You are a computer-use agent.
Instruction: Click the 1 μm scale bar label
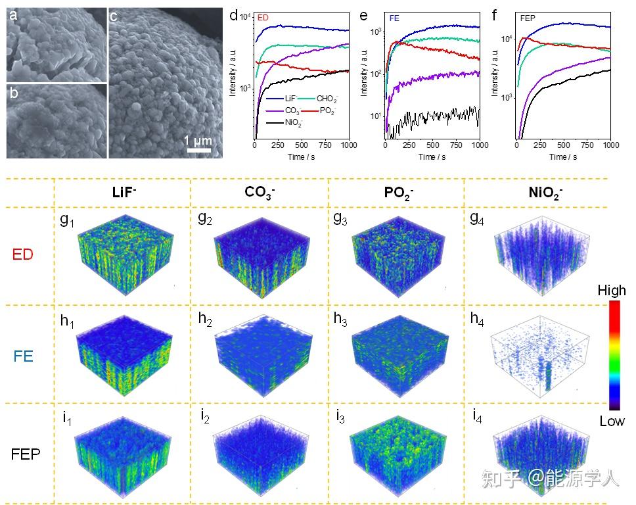pyautogui.click(x=196, y=140)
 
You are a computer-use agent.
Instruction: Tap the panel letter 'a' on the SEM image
pyautogui.click(x=13, y=16)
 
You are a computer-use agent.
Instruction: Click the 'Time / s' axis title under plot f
pyautogui.click(x=562, y=156)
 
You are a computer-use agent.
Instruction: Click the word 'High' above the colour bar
pyautogui.click(x=612, y=290)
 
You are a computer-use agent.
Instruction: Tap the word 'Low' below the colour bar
pyautogui.click(x=612, y=421)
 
